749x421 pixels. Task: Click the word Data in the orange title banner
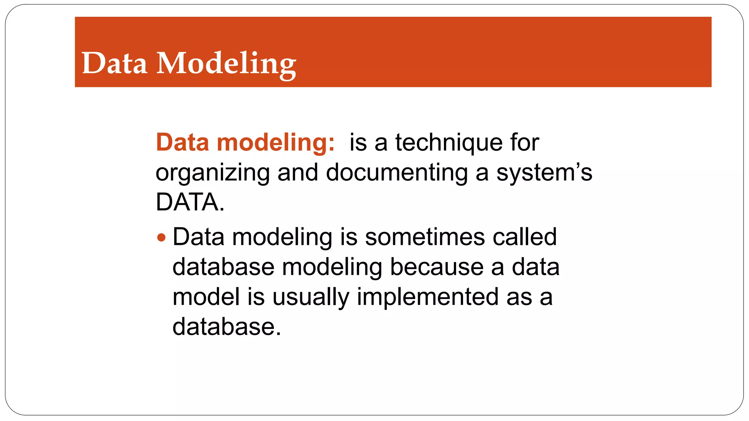[114, 63]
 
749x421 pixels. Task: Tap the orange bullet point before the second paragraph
[161, 238]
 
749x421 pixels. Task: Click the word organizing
[212, 173]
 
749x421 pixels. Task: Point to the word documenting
[396, 173]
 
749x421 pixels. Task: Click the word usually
[310, 297]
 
